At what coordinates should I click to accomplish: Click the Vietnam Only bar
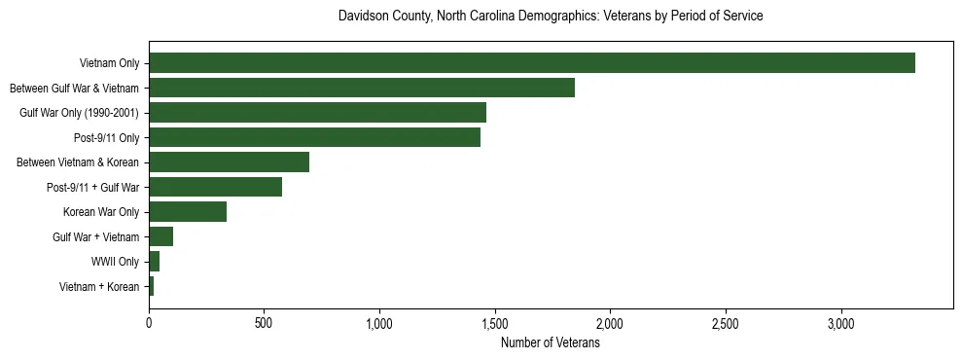tap(531, 63)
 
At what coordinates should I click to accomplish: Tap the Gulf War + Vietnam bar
tap(160, 236)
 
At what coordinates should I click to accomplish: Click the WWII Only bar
tap(154, 262)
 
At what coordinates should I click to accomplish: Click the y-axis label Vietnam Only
tap(109, 64)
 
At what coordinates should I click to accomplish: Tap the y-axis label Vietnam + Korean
tap(99, 287)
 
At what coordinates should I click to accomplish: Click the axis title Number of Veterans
tap(550, 342)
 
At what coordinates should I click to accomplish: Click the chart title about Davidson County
tap(550, 17)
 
